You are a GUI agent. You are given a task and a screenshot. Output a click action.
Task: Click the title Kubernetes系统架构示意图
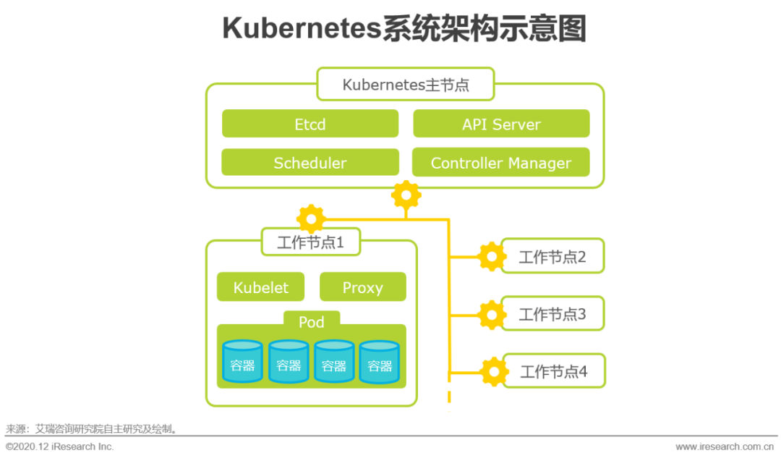coord(404,29)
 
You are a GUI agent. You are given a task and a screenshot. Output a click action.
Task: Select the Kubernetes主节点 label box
coord(405,85)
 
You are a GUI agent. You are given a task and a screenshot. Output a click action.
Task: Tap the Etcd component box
coord(310,124)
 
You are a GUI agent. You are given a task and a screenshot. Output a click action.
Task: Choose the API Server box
coord(501,124)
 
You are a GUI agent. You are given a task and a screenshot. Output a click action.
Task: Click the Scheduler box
coord(310,163)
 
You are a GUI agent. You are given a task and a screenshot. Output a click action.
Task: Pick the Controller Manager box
coord(501,163)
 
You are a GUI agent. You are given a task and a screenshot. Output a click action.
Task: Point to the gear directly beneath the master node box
coord(406,195)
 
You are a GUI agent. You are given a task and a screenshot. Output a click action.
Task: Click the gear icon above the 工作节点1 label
coord(311,218)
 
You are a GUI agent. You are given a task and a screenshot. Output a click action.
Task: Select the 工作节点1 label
coord(310,242)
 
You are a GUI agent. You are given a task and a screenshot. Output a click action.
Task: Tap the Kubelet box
coord(260,287)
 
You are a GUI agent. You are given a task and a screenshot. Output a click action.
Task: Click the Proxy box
coord(362,287)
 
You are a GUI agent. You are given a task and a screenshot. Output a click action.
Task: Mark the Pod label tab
coord(312,321)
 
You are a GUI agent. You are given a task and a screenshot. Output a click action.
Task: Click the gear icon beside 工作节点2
coord(492,255)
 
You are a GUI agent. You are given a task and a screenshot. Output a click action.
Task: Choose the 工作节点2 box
coord(552,256)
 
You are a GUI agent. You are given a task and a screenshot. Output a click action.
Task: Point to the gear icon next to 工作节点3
coord(492,314)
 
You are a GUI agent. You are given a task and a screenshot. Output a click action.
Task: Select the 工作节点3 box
coord(552,314)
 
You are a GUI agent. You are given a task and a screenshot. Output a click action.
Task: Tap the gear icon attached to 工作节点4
coord(494,371)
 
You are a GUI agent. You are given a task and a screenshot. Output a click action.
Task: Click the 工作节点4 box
coord(553,372)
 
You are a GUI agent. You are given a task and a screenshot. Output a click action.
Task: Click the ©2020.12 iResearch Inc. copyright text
coord(60,447)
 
